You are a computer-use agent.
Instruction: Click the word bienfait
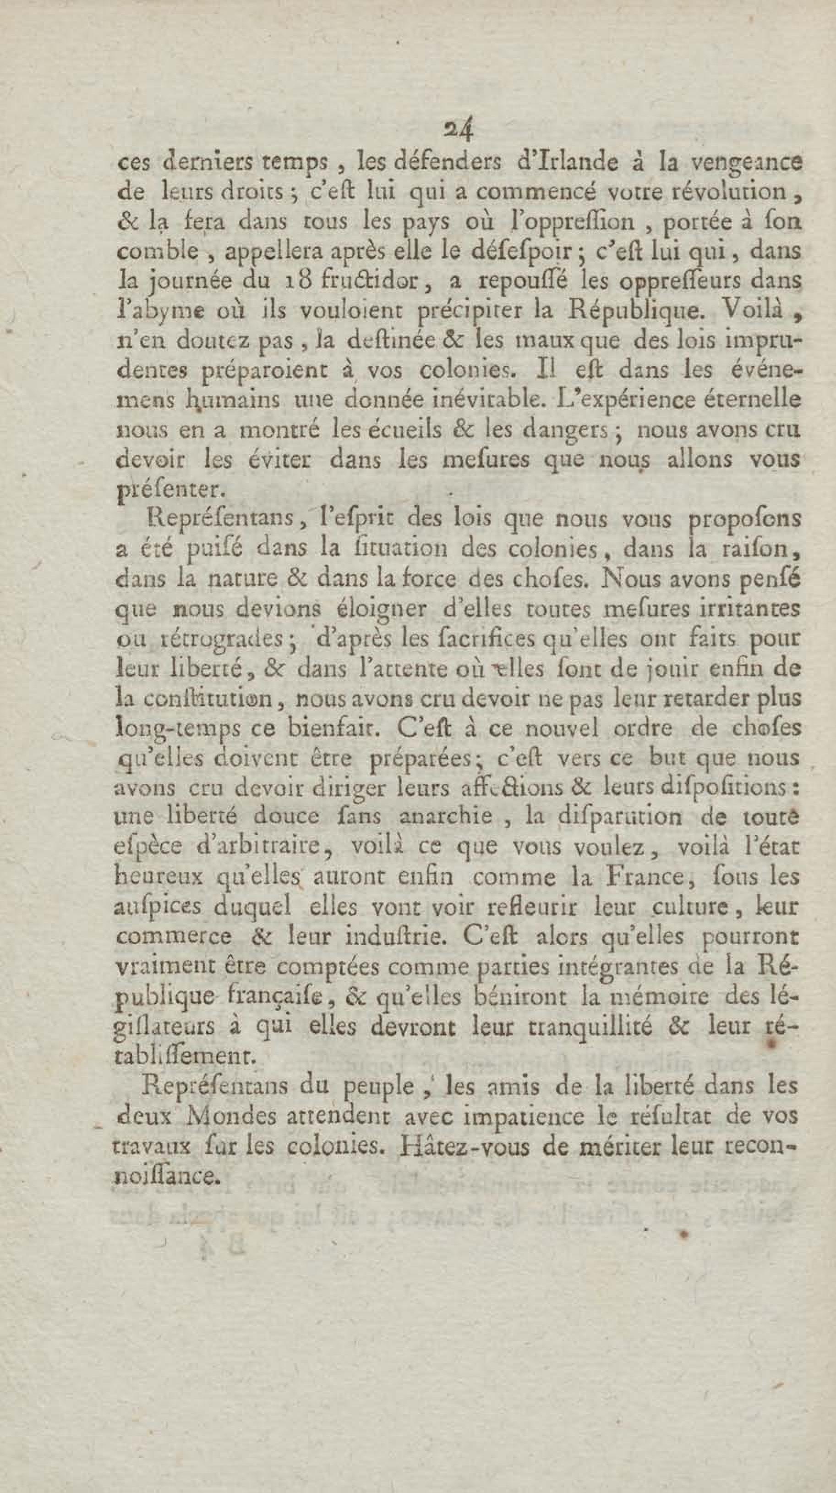coord(321,728)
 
